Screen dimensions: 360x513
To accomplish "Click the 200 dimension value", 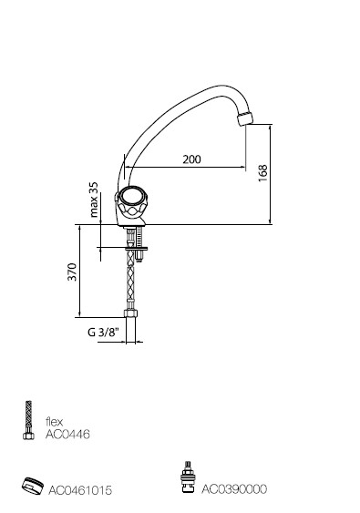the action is pos(191,159).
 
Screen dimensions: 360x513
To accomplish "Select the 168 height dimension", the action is pos(262,173).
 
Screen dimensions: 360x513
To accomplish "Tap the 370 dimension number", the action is pos(72,272).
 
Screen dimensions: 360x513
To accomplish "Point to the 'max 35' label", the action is pos(94,200).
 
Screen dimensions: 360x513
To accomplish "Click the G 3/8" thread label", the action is pos(103,333).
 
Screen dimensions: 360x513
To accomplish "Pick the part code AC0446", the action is pos(67,434).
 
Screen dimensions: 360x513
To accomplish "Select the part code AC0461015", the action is pos(80,490).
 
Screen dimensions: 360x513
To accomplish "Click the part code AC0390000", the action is pos(234,489).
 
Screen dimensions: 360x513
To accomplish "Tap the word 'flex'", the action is pos(54,421).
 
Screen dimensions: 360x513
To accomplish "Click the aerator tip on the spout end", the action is pos(246,118).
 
